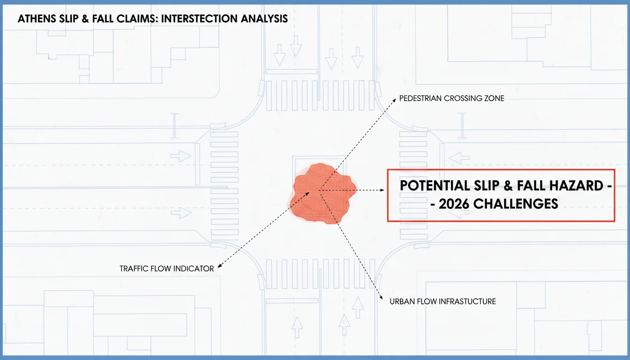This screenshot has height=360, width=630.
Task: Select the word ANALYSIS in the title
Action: pyautogui.click(x=264, y=19)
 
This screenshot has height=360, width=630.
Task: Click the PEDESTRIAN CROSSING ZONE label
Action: pyautogui.click(x=452, y=98)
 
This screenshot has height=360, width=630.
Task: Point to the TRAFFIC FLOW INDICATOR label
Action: pyautogui.click(x=167, y=269)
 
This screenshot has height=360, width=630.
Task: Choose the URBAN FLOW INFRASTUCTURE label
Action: pyautogui.click(x=442, y=301)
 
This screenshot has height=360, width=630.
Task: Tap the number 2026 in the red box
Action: pyautogui.click(x=454, y=204)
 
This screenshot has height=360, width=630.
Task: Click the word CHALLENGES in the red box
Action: pyautogui.click(x=516, y=204)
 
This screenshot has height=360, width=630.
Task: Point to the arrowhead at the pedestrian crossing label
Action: pyautogui.click(x=394, y=100)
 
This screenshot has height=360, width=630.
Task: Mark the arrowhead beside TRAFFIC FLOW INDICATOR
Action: pyautogui.click(x=220, y=265)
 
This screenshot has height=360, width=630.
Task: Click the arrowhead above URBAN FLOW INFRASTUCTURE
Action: pyautogui.click(x=381, y=298)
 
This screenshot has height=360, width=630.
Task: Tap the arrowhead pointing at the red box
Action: pyautogui.click(x=382, y=190)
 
